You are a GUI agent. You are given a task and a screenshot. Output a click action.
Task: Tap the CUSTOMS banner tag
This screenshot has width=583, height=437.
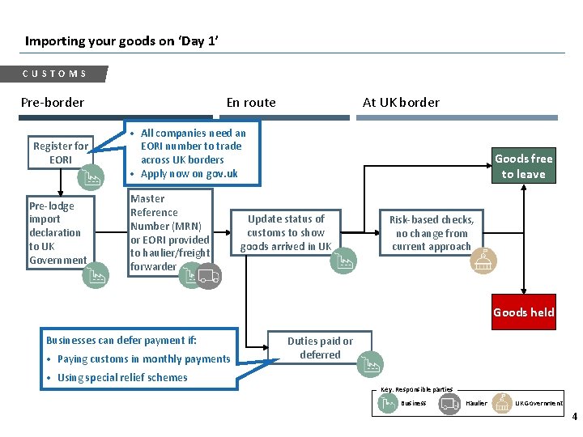point(55,74)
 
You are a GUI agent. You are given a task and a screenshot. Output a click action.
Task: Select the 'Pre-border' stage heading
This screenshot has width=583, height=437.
point(53,102)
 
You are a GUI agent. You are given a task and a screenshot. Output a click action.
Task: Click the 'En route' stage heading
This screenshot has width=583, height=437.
point(251,102)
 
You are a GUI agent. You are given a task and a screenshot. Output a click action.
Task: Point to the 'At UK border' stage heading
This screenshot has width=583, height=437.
point(401,102)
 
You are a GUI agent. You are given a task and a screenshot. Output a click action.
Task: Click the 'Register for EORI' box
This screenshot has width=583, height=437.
point(61,153)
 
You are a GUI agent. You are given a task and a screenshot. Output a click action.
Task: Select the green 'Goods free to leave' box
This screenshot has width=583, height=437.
point(523,166)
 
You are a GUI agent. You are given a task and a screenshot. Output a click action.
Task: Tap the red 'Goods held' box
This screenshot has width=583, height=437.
point(523,312)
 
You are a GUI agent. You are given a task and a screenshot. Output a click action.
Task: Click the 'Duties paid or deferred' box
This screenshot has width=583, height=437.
point(320,348)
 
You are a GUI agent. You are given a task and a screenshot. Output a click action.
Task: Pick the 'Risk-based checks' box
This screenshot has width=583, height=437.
point(432,233)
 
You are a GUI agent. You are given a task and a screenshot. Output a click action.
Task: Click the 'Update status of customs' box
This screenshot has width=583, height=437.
point(286,232)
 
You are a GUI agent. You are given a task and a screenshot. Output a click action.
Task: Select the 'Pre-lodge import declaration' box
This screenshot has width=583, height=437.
point(57,233)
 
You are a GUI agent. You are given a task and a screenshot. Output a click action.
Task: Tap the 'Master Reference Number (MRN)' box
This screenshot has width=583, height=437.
point(170,232)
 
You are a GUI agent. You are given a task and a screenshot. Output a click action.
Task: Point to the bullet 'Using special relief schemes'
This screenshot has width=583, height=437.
point(122,377)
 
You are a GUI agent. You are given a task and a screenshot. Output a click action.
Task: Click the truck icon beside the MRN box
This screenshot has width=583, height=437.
point(208,277)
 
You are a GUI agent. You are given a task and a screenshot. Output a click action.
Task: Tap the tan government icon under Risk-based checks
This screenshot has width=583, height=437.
point(483,261)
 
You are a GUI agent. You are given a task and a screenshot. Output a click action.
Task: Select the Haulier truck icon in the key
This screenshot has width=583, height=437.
point(449,403)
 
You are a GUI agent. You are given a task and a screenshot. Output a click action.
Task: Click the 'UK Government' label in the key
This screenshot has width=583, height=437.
point(538,403)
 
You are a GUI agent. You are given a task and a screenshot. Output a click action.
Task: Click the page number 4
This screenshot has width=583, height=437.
point(574,418)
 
